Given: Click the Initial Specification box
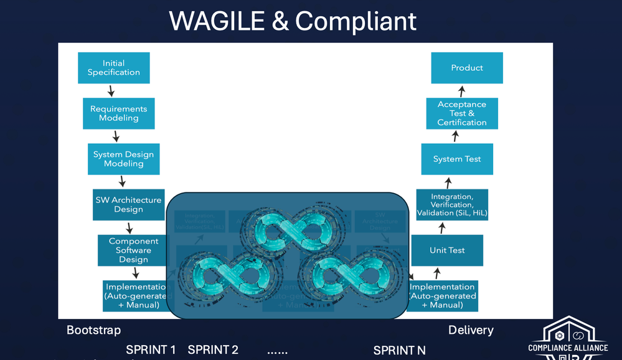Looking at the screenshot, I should click(114, 68).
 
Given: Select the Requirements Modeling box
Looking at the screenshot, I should click(118, 113).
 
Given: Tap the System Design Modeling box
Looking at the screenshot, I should click(123, 159).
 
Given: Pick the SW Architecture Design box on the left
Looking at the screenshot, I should click(128, 204).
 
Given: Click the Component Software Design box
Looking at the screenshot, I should click(133, 250).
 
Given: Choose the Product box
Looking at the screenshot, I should click(467, 68).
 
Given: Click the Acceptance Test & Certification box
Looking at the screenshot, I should click(462, 113).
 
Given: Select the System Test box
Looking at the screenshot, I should click(457, 159).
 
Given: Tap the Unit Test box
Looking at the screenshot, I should click(447, 250).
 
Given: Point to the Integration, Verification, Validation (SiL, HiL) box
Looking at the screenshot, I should click(452, 205).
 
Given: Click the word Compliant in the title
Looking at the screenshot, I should click(356, 21).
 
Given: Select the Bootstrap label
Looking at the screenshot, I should click(94, 330).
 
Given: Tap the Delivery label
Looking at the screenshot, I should click(471, 330).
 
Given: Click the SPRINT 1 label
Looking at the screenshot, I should click(151, 350).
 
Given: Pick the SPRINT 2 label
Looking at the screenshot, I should click(213, 350).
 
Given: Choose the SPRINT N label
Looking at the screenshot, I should click(399, 350).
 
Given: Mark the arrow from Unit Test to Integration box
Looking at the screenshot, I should click(442, 228).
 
